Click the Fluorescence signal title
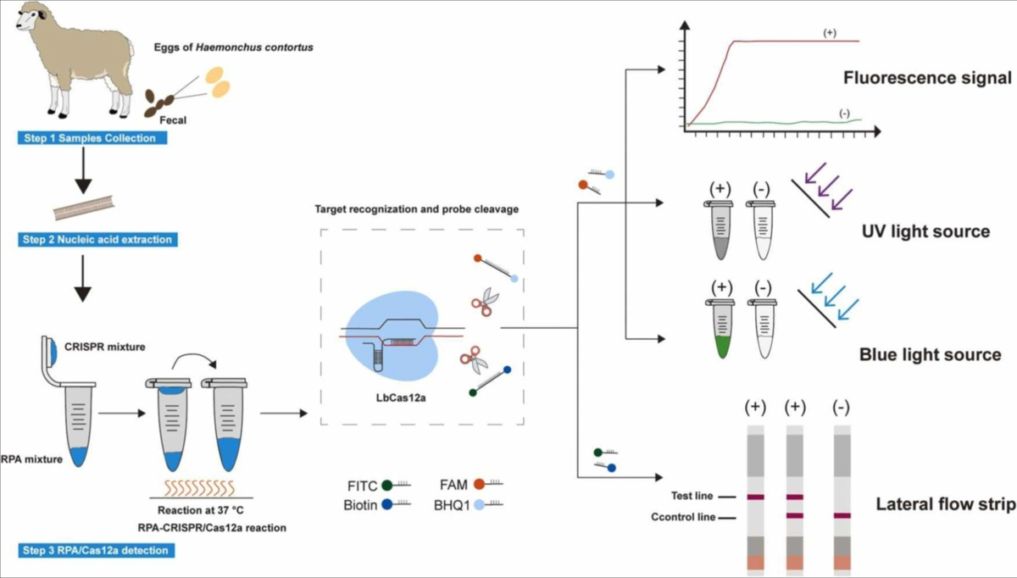[x=927, y=79]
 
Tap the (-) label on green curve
[x=844, y=114]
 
